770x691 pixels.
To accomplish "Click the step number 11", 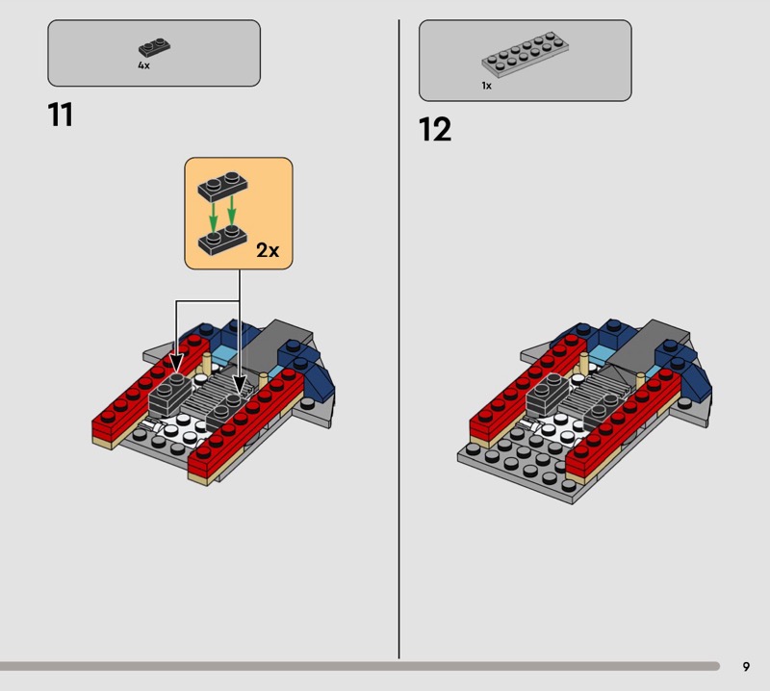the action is (61, 115).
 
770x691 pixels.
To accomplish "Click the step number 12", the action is (435, 129).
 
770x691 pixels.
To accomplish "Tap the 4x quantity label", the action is (143, 65).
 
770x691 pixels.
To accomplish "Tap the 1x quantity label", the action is (486, 86).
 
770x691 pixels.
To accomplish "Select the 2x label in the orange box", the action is (268, 250).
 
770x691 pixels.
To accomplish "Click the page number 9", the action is (746, 666).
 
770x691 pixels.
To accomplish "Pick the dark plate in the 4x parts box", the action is (154, 47).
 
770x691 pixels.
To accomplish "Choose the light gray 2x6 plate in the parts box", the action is (525, 54).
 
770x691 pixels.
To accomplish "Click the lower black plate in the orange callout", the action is (222, 240).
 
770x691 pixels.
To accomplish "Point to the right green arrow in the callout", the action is (232, 210).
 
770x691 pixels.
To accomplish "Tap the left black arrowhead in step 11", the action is (176, 364).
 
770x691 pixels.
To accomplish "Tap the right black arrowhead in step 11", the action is (240, 384).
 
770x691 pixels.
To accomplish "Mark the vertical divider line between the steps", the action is (398, 339).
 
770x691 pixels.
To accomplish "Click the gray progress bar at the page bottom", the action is (360, 666).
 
